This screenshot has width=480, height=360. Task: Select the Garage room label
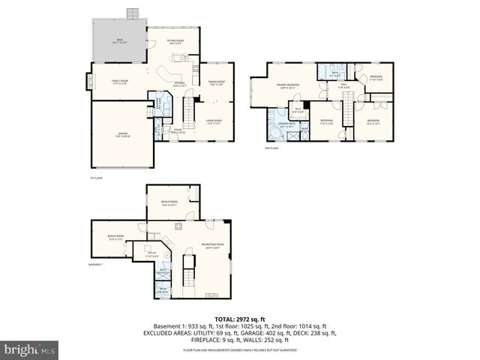click(x=121, y=135)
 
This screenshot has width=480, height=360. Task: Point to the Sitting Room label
click(x=174, y=43)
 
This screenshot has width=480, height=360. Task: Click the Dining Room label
click(x=217, y=82)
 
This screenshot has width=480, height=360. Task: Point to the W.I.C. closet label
click(x=298, y=110)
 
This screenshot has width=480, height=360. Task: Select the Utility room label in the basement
click(x=152, y=253)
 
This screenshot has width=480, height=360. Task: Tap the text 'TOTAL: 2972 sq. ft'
click(x=239, y=319)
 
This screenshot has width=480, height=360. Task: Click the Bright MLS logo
click(x=30, y=349)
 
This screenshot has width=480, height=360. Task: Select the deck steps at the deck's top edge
click(x=133, y=14)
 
